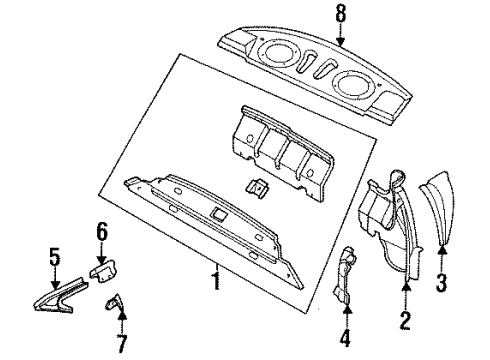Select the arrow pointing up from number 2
(406, 298)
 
